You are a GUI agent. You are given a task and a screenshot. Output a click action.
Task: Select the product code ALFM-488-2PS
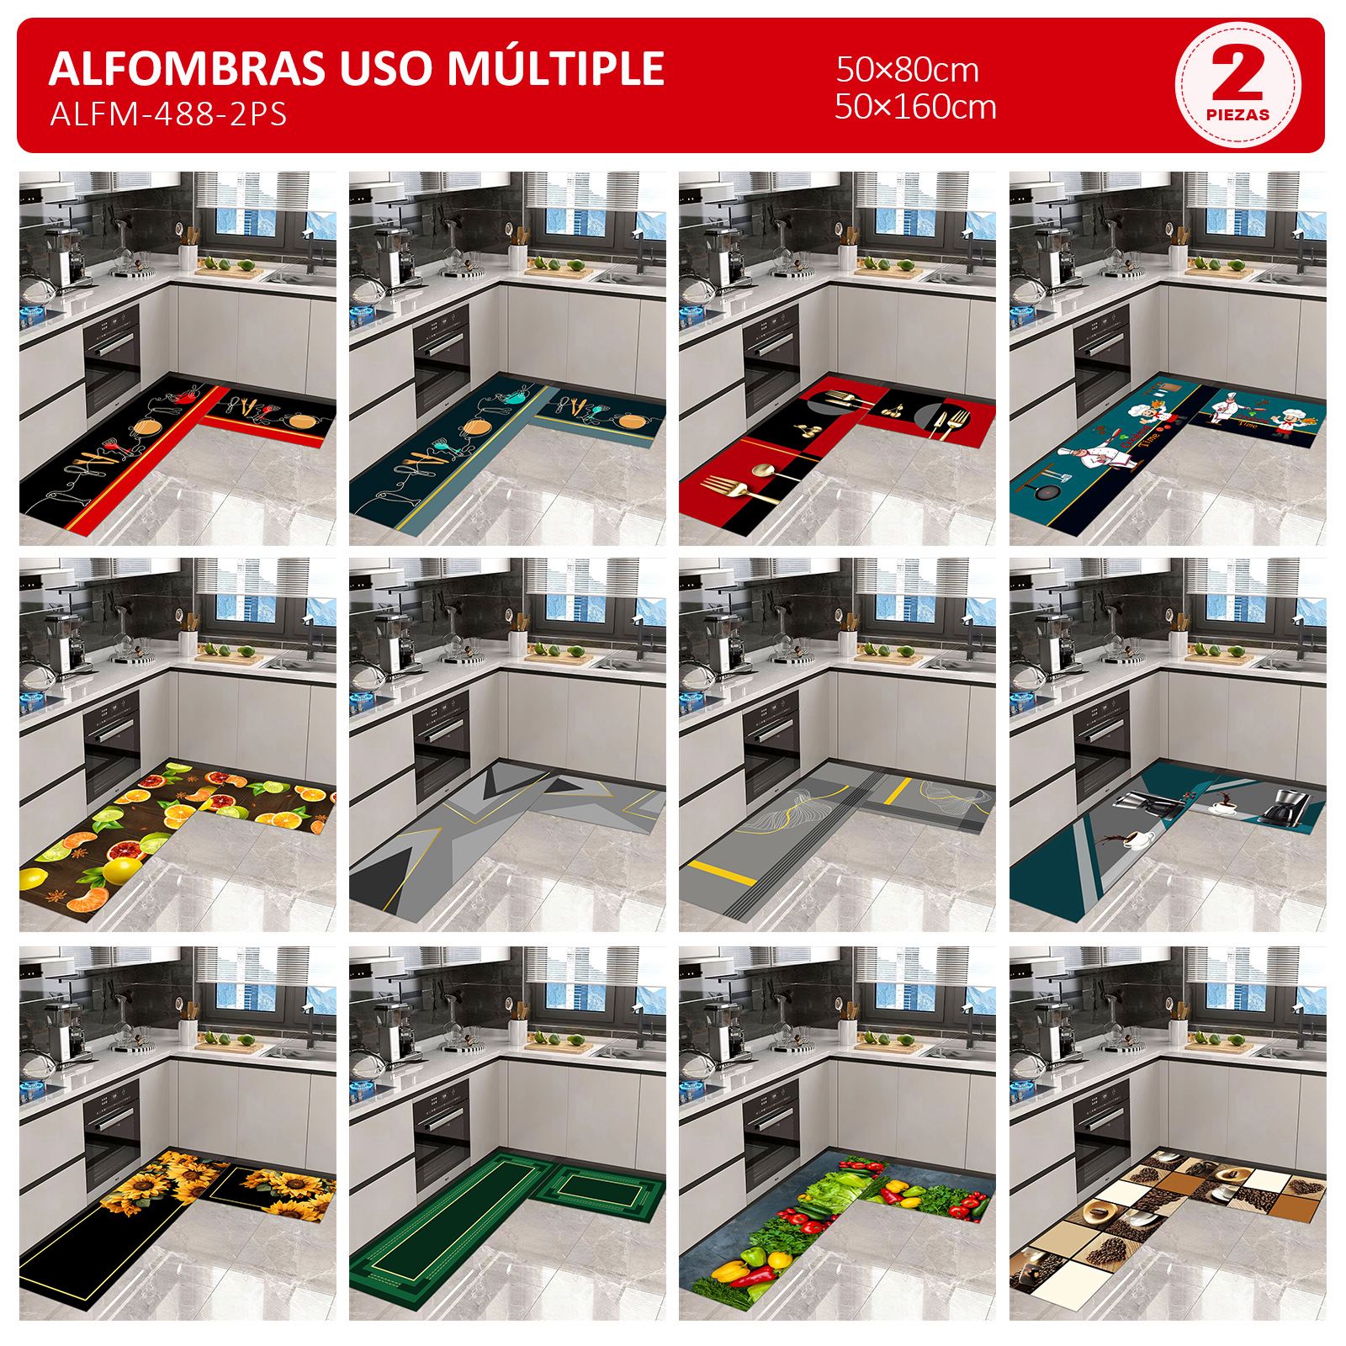point(168,114)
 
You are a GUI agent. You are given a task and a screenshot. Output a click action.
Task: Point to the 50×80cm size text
point(907,70)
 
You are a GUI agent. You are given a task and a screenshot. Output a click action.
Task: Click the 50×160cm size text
point(915,107)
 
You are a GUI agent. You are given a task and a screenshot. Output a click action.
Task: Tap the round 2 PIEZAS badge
point(1237,85)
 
